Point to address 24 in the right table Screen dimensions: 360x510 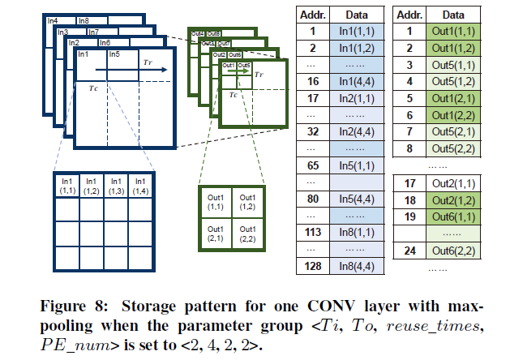point(410,251)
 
